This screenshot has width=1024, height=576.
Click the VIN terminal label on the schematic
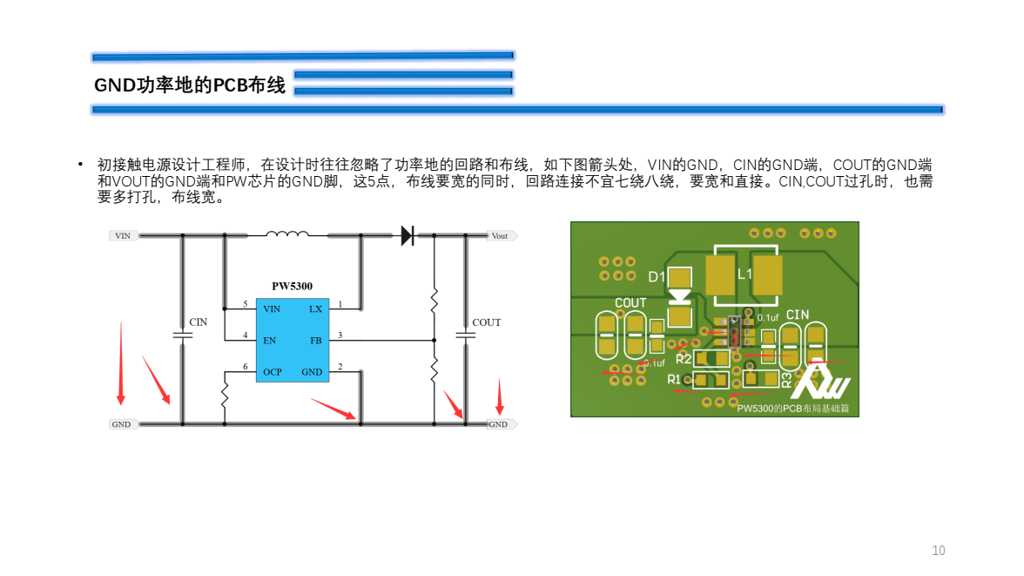tap(123, 235)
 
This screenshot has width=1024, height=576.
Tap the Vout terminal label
tap(500, 235)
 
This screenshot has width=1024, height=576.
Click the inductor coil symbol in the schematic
tap(287, 234)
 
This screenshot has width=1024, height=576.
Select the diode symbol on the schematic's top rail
tap(407, 234)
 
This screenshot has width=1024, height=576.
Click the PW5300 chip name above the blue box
tap(292, 286)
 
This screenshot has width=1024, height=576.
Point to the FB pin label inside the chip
tap(315, 341)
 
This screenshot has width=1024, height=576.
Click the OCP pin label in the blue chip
tap(273, 372)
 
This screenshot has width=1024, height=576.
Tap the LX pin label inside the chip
tap(315, 309)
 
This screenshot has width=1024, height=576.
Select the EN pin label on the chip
tap(270, 341)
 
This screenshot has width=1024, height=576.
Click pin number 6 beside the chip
tap(246, 367)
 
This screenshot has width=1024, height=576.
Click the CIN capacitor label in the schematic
tap(199, 322)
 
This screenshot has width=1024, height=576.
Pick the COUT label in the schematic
tap(487, 322)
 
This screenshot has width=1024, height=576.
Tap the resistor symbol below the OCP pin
tap(225, 394)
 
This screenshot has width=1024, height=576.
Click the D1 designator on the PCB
tap(657, 277)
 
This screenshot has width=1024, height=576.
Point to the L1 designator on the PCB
tap(745, 274)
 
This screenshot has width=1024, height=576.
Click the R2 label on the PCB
tap(684, 358)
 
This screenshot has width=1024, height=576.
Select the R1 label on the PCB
tap(675, 380)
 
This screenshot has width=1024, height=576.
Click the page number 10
tap(938, 551)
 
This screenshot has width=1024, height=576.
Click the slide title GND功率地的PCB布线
tap(190, 85)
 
